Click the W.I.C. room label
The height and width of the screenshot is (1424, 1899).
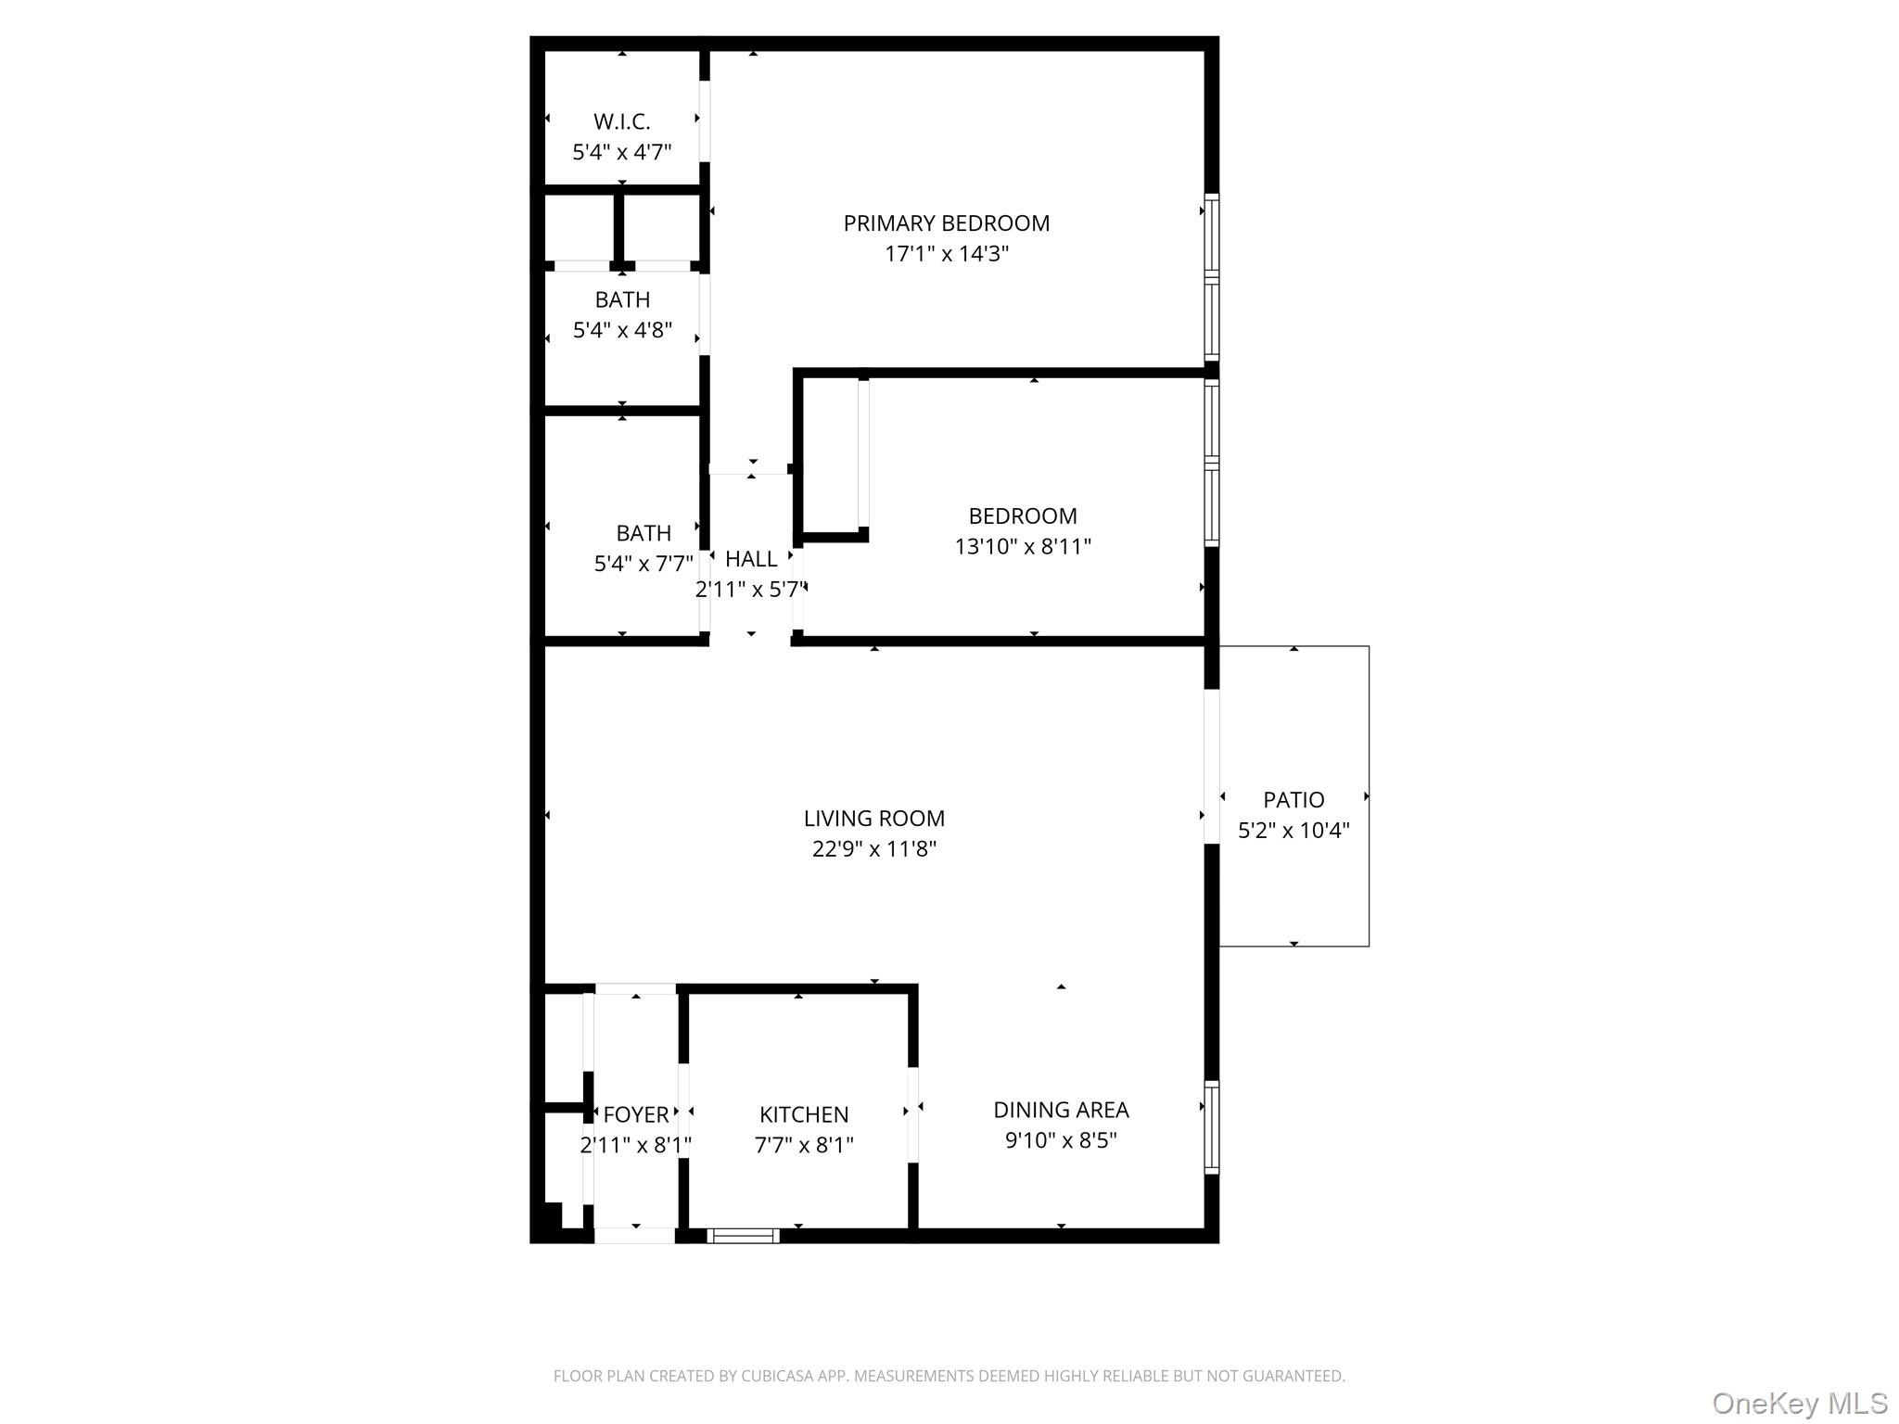621,121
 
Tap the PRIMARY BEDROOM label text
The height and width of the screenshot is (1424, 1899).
946,223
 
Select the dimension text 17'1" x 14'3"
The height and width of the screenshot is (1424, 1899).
946,254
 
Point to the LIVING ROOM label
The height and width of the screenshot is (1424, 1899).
873,819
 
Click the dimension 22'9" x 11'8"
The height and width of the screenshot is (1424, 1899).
873,849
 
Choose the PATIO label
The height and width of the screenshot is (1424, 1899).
1294,800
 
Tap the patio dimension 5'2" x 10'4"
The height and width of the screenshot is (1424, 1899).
1294,831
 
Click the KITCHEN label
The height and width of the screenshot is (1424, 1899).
804,1114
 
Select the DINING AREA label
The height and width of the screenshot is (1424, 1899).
1061,1110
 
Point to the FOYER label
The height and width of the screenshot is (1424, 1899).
636,1114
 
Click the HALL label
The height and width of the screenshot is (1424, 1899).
751,559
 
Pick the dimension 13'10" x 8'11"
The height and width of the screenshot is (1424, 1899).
1023,547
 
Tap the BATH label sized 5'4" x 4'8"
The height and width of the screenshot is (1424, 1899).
622,299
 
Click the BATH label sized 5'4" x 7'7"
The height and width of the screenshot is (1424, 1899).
644,533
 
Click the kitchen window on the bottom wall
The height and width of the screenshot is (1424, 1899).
743,1235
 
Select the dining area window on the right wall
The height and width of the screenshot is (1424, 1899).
1211,1127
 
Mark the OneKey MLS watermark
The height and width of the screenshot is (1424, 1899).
1799,1404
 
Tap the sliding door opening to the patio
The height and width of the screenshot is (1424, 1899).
1211,766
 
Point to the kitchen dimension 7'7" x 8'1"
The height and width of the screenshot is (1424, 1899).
804,1145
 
